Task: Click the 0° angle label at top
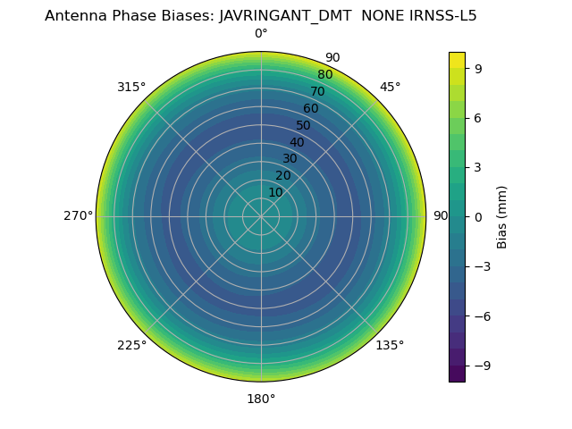coord(261,34)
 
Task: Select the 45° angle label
coord(391,87)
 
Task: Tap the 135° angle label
coord(390,345)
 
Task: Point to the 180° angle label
coord(261,399)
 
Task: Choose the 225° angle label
coord(131,345)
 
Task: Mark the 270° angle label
coord(78,216)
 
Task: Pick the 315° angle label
coord(131,87)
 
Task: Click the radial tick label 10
coord(275,192)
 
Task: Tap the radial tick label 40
coord(297,142)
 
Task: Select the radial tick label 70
coord(317,91)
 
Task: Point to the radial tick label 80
coord(324,75)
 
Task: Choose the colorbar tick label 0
coord(478,216)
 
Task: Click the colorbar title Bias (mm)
coord(502,216)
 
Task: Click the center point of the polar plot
coord(261,216)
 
